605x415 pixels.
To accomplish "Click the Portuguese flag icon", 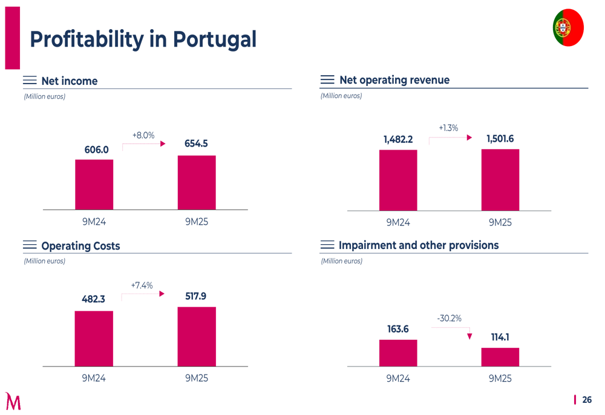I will click(567, 28).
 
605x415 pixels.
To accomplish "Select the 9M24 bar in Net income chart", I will click(94, 184).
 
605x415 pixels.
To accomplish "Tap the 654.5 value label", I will click(196, 144).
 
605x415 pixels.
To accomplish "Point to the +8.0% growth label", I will click(143, 135).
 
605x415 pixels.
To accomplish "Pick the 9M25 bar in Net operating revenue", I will click(500, 180).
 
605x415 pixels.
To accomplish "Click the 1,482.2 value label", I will click(398, 139).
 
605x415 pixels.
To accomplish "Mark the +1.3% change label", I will click(448, 128).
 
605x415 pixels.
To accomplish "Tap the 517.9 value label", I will click(195, 296).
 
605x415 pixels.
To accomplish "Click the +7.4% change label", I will click(142, 285).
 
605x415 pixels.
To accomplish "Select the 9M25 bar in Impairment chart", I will click(500, 357).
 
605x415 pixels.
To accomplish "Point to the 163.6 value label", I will click(398, 329).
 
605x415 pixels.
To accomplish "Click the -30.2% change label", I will click(450, 318).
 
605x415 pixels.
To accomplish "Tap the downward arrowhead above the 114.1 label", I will click(470, 336).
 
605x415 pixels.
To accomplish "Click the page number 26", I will click(587, 400).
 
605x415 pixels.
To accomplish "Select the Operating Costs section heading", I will click(80, 246).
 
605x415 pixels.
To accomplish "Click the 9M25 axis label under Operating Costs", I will click(196, 378).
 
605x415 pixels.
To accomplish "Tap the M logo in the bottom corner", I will click(13, 401).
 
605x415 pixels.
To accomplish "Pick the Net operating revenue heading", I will click(394, 80).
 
